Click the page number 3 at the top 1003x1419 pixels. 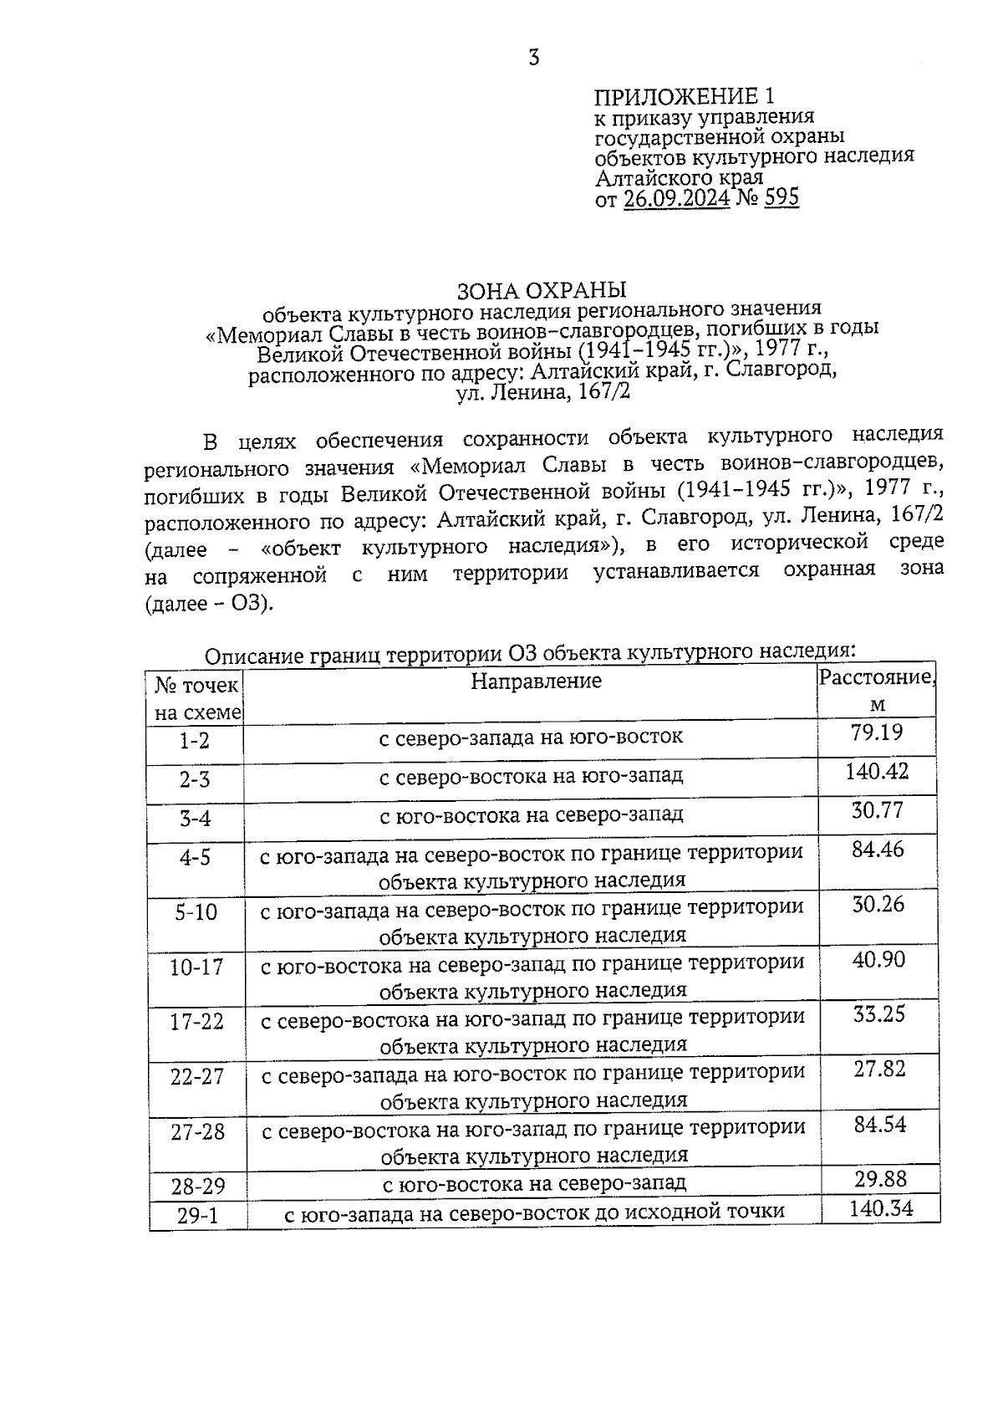533,58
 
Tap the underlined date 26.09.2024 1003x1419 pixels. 676,198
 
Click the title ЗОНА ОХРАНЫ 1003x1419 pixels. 541,290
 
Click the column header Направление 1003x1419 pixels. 536,681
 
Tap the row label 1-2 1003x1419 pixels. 194,741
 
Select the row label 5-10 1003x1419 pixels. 196,912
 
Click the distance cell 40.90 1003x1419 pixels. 878,959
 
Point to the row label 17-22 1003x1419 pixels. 197,1023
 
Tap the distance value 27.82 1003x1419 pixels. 879,1069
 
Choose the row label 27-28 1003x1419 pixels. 198,1132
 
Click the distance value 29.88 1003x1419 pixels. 880,1179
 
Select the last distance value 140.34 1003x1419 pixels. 881,1208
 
